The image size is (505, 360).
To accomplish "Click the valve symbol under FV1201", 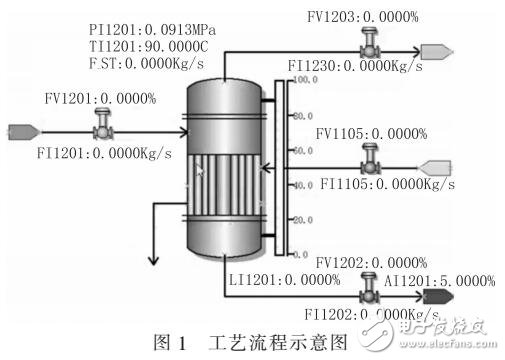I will tap(102, 129).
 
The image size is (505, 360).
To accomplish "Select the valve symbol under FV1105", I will tap(369, 163).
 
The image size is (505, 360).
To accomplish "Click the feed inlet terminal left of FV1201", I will tap(22, 129).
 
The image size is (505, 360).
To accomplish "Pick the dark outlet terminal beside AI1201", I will tap(437, 295).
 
